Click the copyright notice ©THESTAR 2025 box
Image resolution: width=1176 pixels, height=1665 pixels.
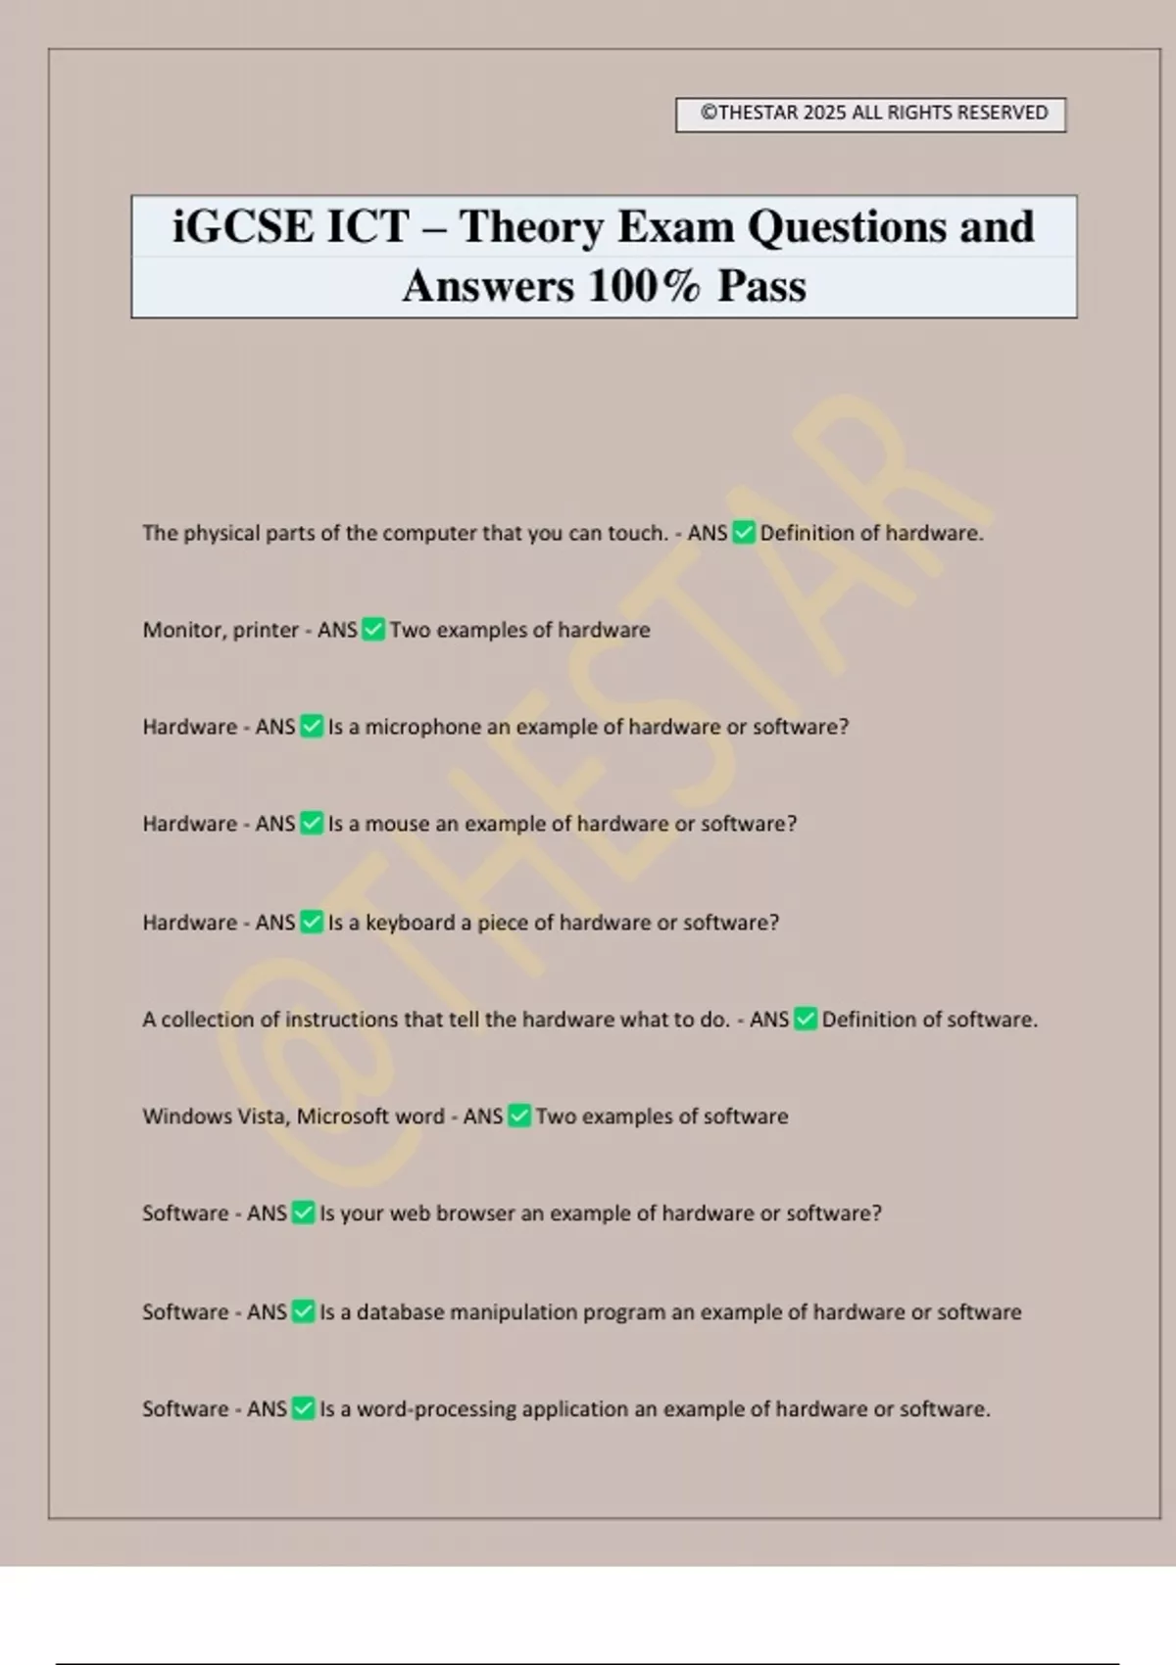870,114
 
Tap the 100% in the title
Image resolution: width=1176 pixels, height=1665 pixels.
644,286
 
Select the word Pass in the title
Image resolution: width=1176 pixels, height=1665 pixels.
761,286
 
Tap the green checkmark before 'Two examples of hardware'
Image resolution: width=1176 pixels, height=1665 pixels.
373,630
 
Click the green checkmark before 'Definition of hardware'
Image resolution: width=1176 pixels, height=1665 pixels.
744,533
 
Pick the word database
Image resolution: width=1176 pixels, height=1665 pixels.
400,1312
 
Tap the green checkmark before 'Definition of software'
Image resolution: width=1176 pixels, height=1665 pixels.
806,1020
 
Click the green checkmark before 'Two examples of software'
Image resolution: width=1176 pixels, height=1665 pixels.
519,1117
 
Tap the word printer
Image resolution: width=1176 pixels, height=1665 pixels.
266,630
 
